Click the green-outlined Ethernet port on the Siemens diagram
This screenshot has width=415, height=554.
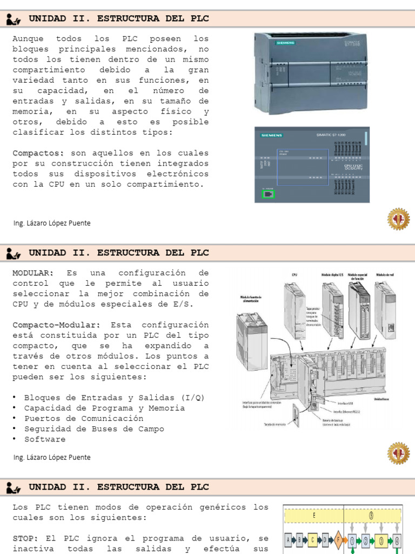pyautogui.click(x=267, y=194)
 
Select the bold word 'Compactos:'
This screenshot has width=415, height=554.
pyautogui.click(x=38, y=153)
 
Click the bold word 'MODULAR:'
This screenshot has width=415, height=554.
pyautogui.click(x=33, y=273)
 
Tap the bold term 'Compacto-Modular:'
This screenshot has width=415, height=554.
pyautogui.click(x=56, y=325)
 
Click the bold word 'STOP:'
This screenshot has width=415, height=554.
pyautogui.click(x=25, y=538)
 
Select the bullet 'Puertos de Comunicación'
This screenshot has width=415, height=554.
pyautogui.click(x=84, y=419)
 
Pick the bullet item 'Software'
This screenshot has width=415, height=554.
pyautogui.click(x=45, y=439)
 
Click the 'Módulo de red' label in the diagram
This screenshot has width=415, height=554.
pyautogui.click(x=387, y=275)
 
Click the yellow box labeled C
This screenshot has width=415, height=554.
pyautogui.click(x=313, y=539)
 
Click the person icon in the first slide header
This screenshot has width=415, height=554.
pyautogui.click(x=14, y=19)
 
